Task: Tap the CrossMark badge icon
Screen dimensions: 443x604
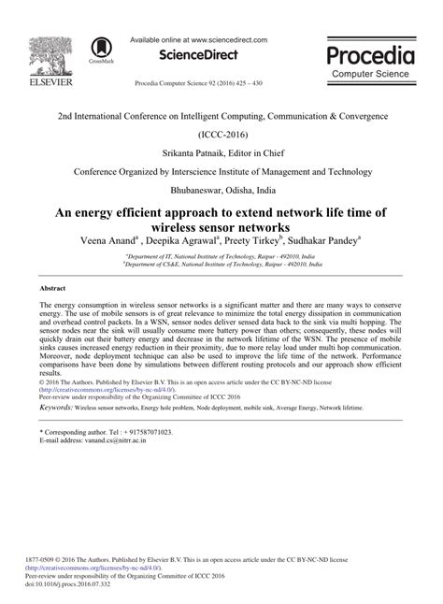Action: pyautogui.click(x=100, y=50)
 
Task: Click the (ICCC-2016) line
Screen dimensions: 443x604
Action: pyautogui.click(x=222, y=135)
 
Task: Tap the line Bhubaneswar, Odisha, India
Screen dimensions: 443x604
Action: pyautogui.click(x=222, y=193)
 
